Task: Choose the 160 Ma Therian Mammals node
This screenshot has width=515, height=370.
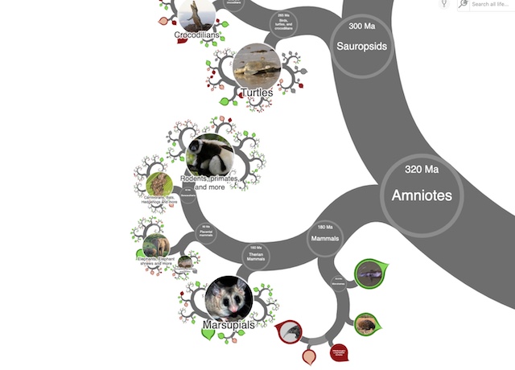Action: (x=256, y=255)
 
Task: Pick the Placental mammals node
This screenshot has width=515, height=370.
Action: (x=206, y=232)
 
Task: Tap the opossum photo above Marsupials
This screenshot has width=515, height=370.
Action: (x=229, y=299)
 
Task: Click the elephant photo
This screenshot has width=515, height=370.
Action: (x=155, y=245)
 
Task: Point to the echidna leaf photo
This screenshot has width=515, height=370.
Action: (x=366, y=324)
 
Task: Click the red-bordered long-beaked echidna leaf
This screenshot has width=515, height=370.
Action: (x=290, y=331)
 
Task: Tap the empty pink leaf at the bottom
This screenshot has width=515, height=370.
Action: (x=309, y=356)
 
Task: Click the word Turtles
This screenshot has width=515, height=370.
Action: (x=256, y=93)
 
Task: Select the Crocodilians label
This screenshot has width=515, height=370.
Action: (x=198, y=35)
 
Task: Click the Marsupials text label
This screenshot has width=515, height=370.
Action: (x=229, y=325)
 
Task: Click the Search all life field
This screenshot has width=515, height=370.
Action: (x=491, y=4)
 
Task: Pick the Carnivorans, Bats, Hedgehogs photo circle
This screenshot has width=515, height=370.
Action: (x=159, y=184)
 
